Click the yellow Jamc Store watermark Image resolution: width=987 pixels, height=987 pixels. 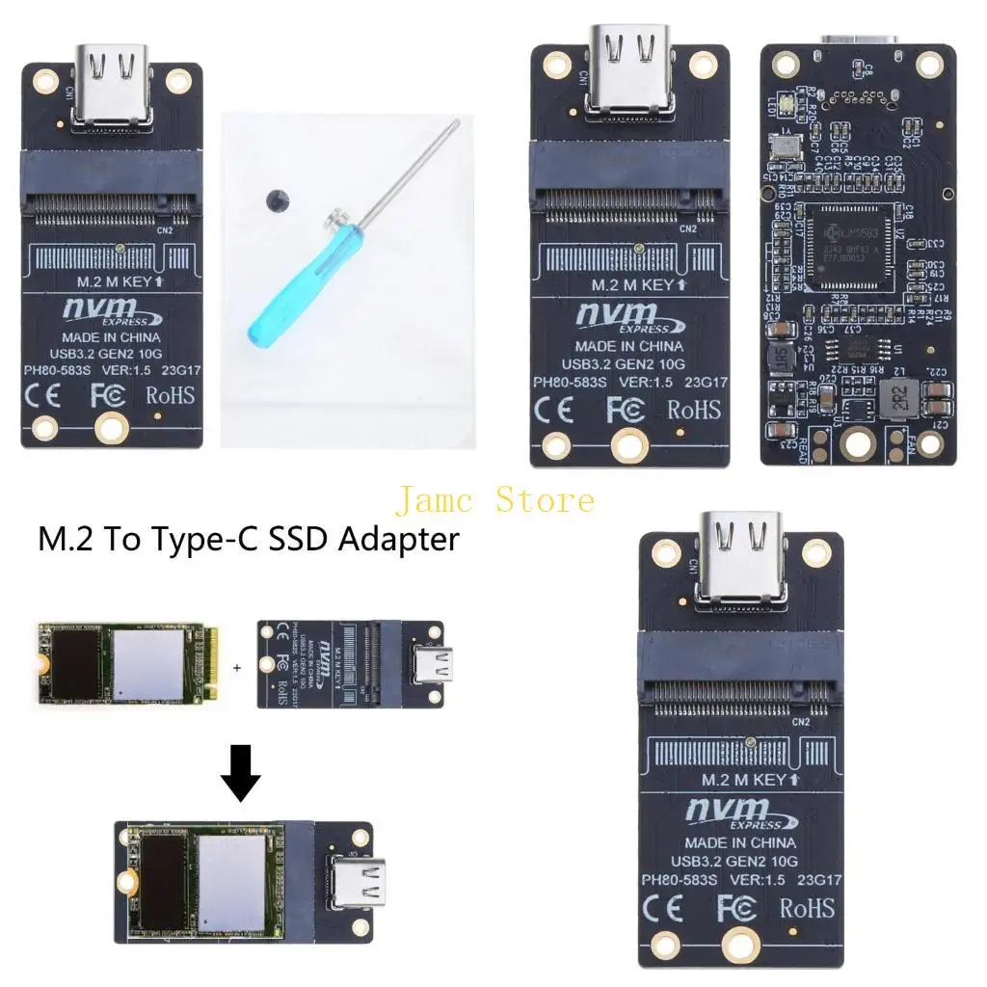point(494,500)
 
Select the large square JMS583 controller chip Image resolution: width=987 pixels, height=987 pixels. point(848,248)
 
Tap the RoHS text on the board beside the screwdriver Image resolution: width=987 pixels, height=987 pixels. point(170,395)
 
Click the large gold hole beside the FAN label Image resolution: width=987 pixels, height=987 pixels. point(857,442)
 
